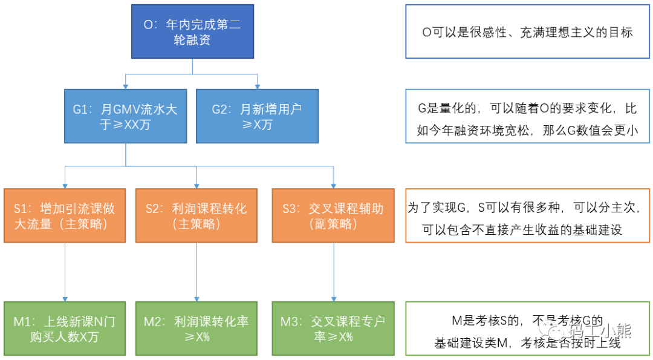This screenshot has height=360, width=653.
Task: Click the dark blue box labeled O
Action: [192, 32]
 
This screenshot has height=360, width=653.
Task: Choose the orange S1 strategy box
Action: [65, 216]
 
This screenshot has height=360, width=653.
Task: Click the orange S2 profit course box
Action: [196, 216]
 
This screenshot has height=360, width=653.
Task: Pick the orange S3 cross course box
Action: [333, 216]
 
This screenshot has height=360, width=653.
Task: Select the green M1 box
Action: [65, 329]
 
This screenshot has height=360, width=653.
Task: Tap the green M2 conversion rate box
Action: [196, 329]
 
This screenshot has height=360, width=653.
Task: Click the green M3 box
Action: [333, 329]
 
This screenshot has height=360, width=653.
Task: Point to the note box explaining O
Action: [527, 32]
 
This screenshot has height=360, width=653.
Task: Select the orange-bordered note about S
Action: [527, 216]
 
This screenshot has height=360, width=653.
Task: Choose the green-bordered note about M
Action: [527, 329]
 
